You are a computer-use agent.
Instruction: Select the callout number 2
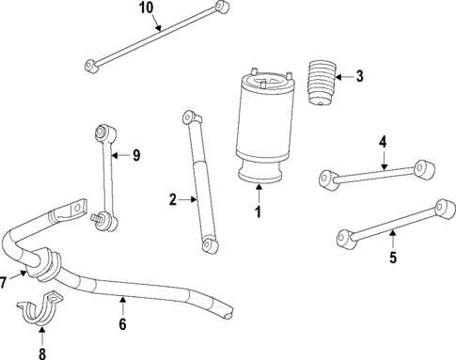pos(172,199)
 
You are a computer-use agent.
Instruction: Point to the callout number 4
pos(383,142)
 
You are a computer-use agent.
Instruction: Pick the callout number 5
pos(393,257)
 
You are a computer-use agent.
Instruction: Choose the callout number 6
pos(122,325)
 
